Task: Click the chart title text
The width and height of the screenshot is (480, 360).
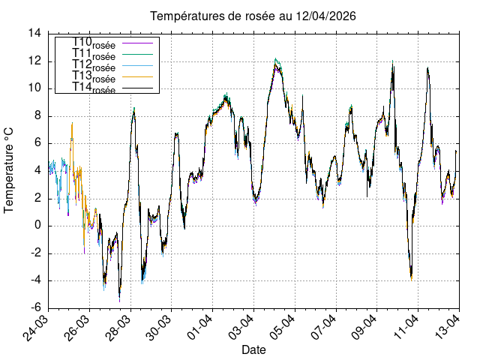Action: point(253,16)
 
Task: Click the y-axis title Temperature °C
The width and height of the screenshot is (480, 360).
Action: point(9,170)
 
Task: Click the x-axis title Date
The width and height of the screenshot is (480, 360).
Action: point(253,349)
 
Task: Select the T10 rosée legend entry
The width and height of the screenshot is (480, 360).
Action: point(94,43)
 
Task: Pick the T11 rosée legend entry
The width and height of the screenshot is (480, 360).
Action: point(94,55)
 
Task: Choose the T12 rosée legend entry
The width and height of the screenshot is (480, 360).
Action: point(94,66)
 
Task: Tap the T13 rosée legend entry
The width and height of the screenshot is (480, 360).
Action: point(94,77)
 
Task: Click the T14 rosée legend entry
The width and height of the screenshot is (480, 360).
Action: point(94,88)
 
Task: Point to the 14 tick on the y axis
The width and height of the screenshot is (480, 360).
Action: point(34,34)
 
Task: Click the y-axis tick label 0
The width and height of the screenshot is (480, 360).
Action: point(38,226)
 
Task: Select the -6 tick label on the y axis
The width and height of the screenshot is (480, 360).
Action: point(35,308)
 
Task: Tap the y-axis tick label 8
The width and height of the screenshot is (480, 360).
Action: point(38,116)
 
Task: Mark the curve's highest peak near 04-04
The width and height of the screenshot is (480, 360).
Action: point(276,59)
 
